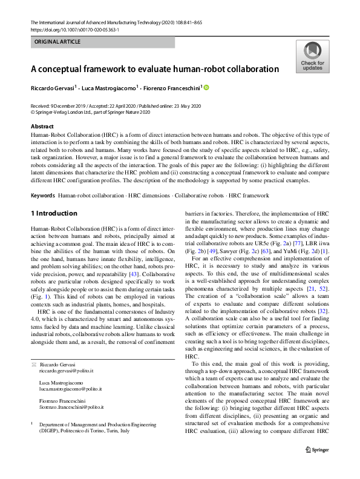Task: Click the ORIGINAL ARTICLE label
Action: (57, 42)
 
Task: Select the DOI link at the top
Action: (74, 29)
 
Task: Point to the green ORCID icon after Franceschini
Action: (206, 88)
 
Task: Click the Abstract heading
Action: (42, 126)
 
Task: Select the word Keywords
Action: (43, 196)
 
